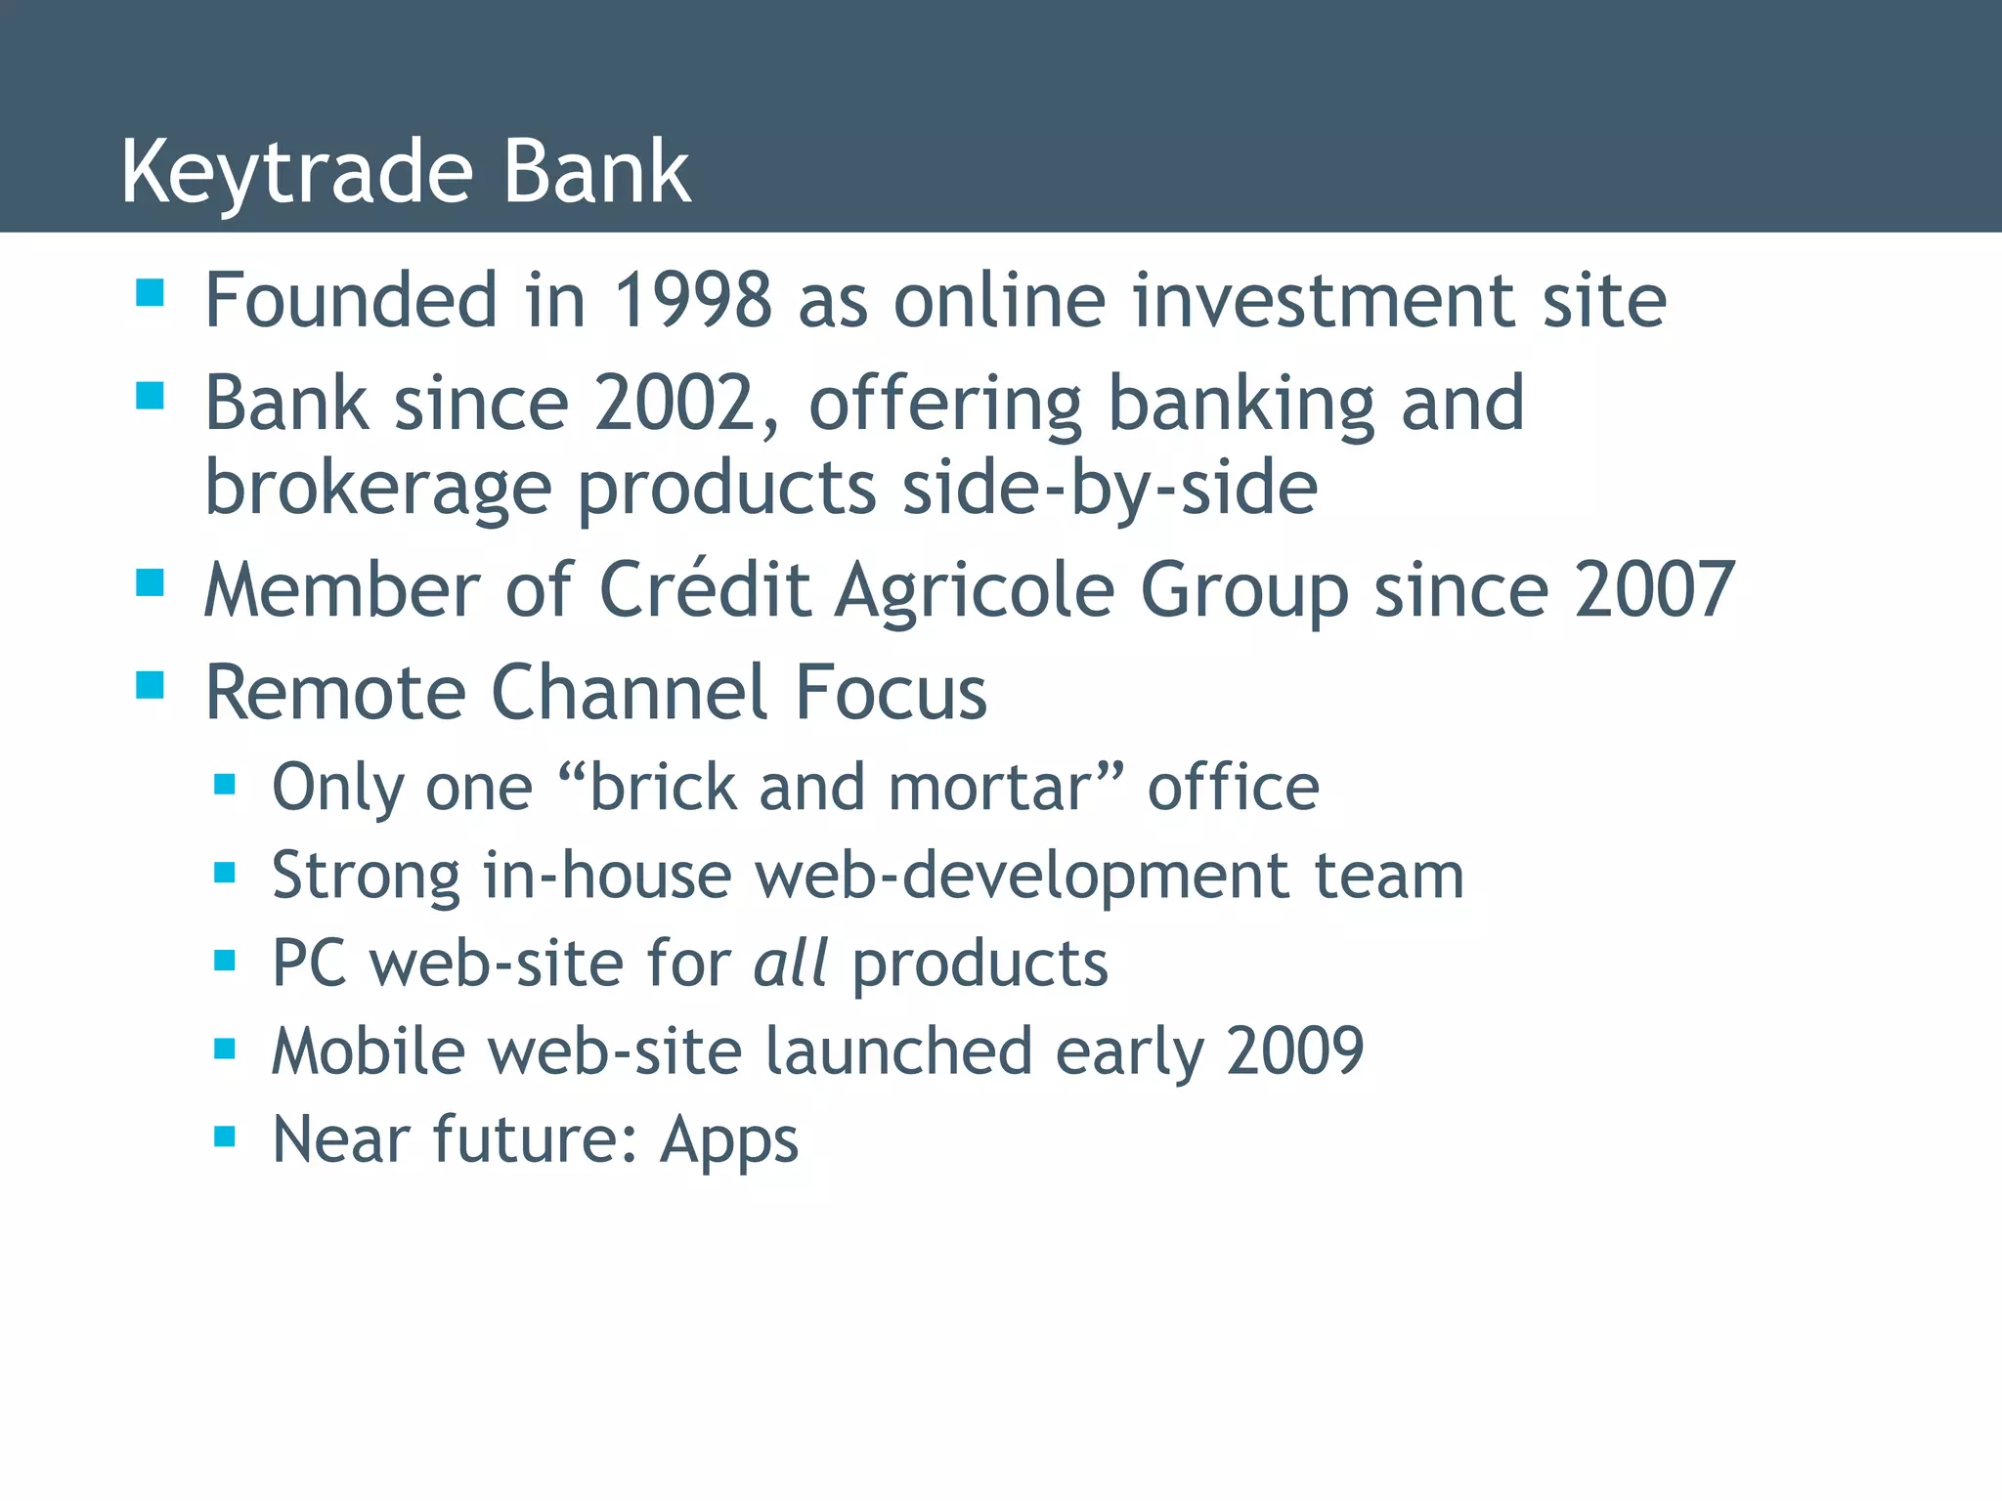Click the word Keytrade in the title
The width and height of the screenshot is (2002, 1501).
tap(296, 173)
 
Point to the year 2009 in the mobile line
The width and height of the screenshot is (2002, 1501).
tap(1294, 1051)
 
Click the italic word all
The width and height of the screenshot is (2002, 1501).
tap(790, 964)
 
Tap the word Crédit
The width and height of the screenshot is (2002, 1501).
tap(704, 590)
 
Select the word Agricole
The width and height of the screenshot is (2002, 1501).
tap(975, 590)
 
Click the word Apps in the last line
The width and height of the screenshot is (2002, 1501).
tap(728, 1140)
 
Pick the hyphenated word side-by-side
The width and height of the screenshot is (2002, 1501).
tap(1109, 488)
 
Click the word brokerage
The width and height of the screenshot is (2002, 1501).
tap(378, 488)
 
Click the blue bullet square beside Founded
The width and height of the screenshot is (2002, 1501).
tap(150, 292)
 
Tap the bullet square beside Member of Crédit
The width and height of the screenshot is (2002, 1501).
tap(150, 582)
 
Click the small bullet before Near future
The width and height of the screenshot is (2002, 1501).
tap(225, 1136)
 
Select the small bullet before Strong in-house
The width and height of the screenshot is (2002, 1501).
tap(225, 872)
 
